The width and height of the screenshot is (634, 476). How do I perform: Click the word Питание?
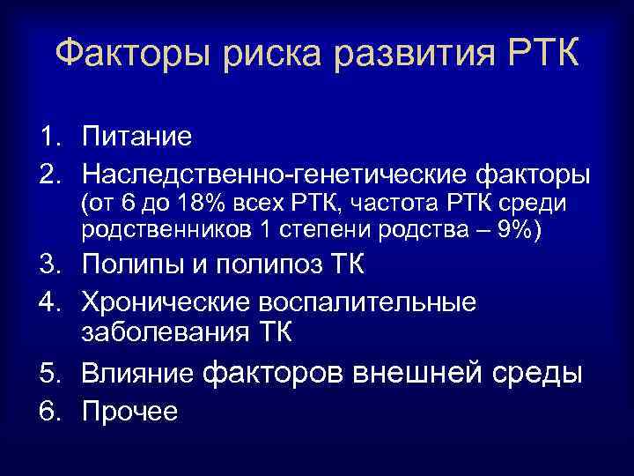(x=136, y=138)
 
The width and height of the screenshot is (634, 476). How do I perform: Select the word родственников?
(x=165, y=230)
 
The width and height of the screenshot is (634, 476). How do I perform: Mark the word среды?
(x=541, y=374)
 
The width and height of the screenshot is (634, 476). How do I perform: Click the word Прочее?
(x=129, y=411)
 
